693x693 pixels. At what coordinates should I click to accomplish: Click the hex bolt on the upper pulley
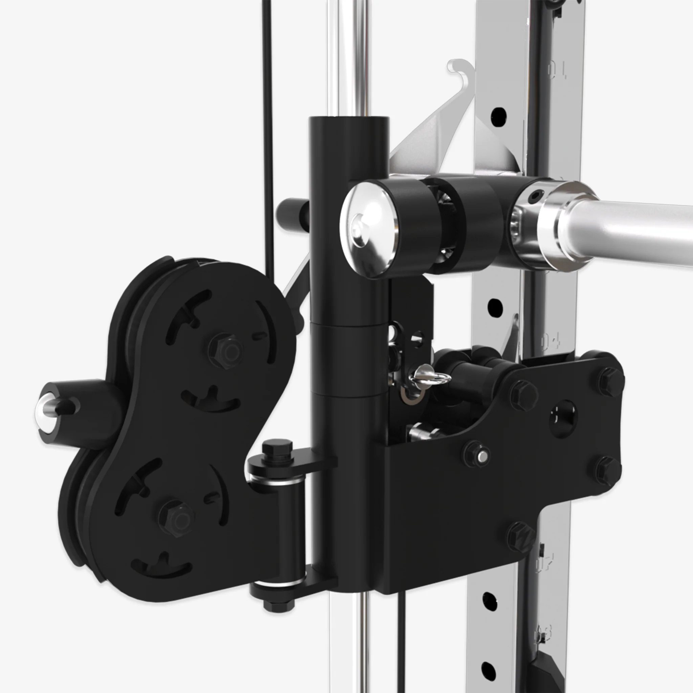pos(225,348)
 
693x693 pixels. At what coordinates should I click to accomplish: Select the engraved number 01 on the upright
pos(557,70)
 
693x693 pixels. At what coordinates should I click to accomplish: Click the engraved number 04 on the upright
pos(550,341)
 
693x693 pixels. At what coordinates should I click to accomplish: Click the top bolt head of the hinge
pos(277,449)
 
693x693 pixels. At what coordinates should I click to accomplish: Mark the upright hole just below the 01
pos(498,115)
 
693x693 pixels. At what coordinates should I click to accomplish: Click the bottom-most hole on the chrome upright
pos(489,668)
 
